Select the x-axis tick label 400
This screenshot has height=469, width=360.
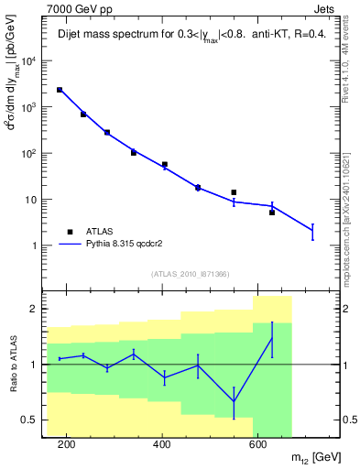162,446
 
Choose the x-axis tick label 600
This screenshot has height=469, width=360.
257,446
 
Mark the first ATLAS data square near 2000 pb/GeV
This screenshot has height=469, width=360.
60,90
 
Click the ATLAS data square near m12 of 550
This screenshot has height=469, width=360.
234,192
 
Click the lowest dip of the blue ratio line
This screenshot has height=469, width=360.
234,401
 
